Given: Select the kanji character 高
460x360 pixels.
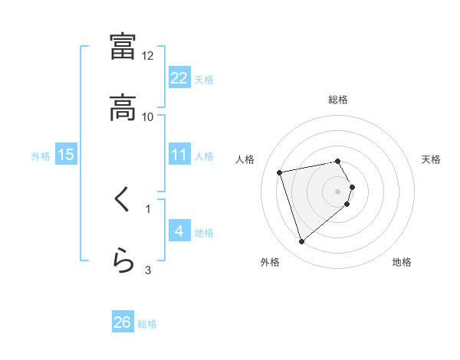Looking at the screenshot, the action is (123, 107).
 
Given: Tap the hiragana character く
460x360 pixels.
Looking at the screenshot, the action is (123, 201).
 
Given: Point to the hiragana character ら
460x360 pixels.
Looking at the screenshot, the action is (123, 261).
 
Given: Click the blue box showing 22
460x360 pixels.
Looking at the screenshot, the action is (179, 78).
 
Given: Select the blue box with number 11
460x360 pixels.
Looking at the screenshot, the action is (179, 155).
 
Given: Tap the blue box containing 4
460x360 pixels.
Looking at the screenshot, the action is (179, 231).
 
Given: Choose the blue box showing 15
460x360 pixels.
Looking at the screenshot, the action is (66, 155).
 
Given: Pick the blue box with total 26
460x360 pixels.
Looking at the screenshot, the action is (123, 322).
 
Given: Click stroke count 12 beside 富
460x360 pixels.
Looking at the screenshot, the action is (148, 56).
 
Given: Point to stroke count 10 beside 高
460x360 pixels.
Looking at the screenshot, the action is (148, 117).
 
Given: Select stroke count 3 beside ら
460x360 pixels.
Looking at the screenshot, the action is (148, 270).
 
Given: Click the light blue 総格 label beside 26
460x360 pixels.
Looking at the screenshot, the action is (147, 324).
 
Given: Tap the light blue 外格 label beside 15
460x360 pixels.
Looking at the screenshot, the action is (41, 155).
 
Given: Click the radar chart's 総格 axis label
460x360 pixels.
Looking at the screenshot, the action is (338, 100).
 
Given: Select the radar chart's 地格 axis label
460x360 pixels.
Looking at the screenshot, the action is (402, 262).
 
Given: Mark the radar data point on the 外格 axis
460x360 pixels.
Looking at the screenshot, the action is (302, 242).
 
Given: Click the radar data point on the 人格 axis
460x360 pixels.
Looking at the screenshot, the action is (280, 172).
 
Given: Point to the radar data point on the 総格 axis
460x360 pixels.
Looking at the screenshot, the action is (338, 161).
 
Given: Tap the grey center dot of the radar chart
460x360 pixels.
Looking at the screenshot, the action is (338, 191).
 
